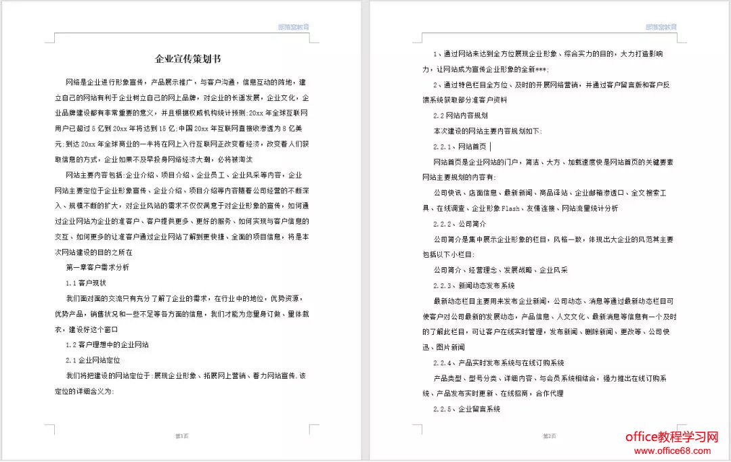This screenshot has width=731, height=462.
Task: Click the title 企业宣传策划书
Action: coord(183,59)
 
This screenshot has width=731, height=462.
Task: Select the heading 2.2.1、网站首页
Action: coord(460,146)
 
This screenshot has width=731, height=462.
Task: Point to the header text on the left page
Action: coord(293,27)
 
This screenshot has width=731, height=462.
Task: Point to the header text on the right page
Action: coord(661,27)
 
